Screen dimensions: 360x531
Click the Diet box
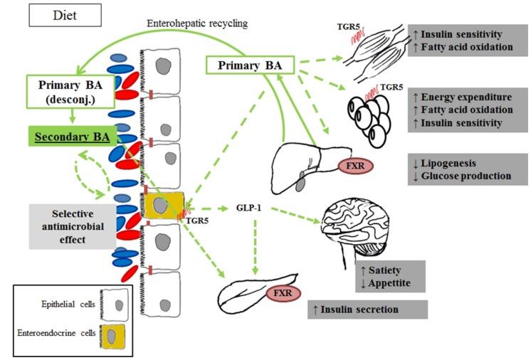[65, 15]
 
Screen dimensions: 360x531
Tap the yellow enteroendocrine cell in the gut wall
[163, 206]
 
